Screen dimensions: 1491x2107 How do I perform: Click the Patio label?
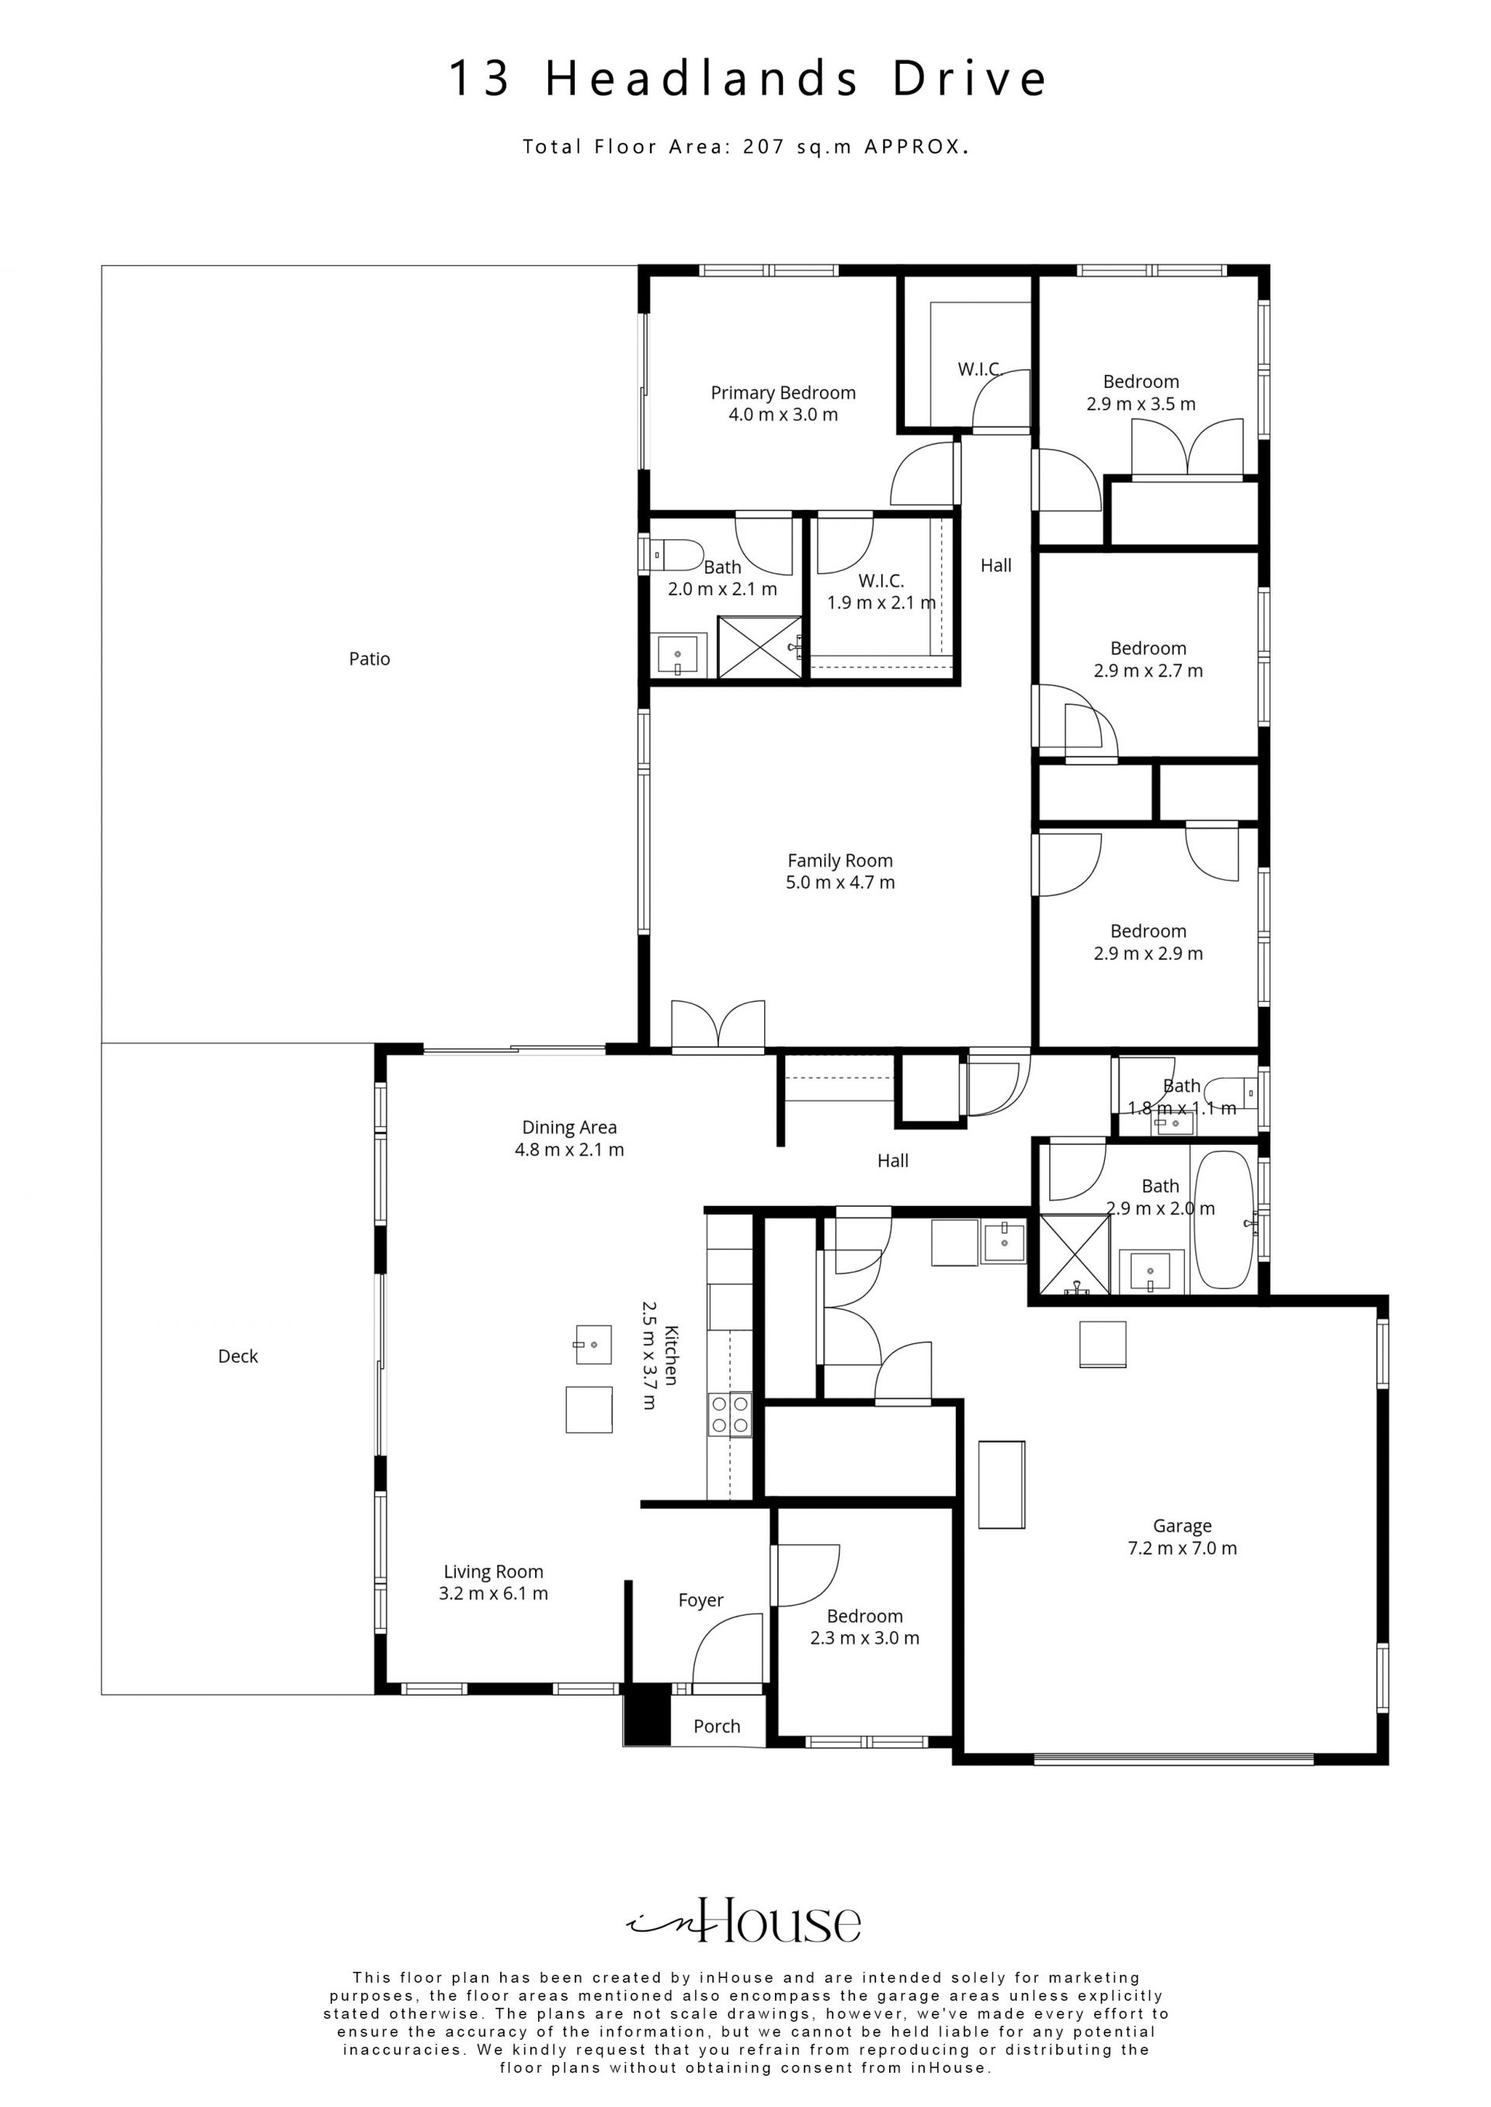click(x=369, y=659)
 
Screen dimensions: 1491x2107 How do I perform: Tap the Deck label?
click(x=238, y=1357)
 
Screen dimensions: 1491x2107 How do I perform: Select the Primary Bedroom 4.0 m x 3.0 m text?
click(x=783, y=404)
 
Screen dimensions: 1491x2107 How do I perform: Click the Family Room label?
click(x=840, y=861)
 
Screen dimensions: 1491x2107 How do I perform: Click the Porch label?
click(x=717, y=1726)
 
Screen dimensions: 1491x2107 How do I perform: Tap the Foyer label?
click(x=700, y=1600)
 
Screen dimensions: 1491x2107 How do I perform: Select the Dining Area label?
click(x=569, y=1127)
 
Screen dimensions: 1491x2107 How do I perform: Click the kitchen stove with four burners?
click(x=730, y=1414)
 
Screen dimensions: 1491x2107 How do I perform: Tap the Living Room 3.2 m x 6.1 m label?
click(x=494, y=1583)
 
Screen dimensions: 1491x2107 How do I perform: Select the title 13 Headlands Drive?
click(x=746, y=79)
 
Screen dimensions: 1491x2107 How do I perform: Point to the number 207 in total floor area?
click(x=764, y=146)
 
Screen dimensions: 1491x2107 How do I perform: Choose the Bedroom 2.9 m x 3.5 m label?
click(x=1142, y=393)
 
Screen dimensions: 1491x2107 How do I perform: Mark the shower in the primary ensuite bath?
click(x=759, y=647)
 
